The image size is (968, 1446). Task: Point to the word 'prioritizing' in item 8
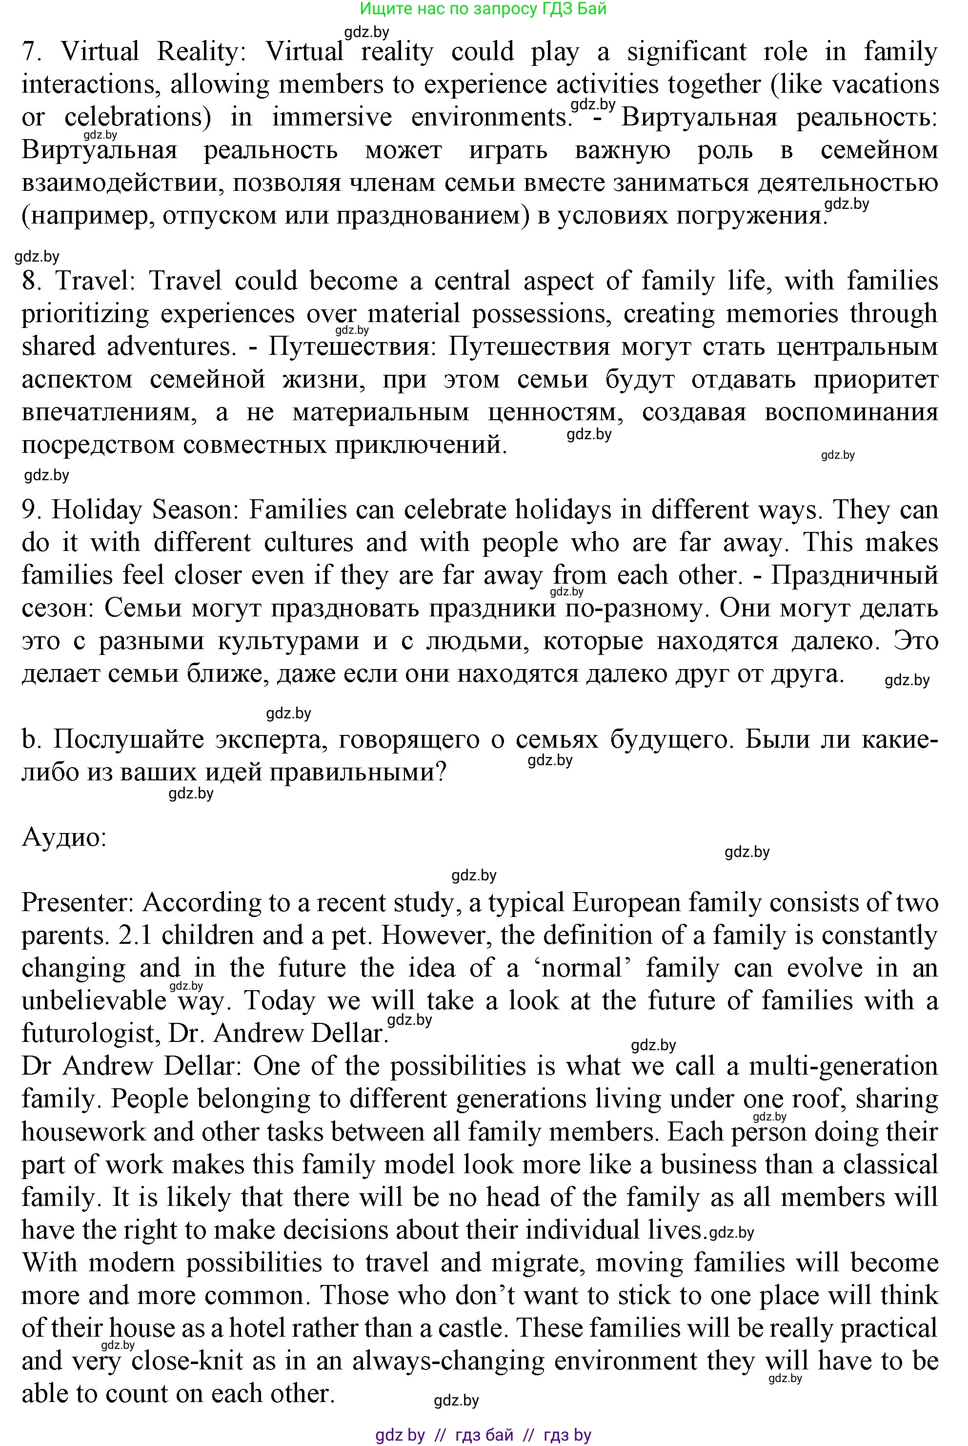tap(85, 314)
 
